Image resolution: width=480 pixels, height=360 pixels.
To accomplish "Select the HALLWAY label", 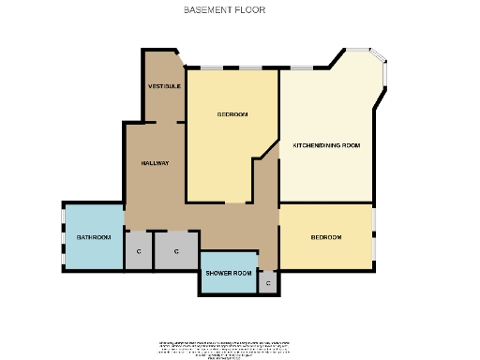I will point(155,163).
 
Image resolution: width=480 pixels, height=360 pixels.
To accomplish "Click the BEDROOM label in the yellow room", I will point(232,114).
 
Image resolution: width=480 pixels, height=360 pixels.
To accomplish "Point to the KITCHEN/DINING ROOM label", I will point(326,145).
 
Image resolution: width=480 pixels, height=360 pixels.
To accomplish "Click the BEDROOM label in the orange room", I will point(326,237).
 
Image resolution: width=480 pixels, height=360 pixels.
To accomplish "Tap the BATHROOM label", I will point(93,237).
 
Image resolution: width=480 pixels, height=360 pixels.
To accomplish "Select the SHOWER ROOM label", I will point(230,273).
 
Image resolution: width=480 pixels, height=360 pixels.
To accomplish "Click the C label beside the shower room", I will point(268,282).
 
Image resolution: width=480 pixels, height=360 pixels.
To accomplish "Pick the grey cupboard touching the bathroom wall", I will point(139,252).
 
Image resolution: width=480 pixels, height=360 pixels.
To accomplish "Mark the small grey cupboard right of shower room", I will point(268,283).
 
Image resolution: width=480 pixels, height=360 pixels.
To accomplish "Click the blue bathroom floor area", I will point(93,251).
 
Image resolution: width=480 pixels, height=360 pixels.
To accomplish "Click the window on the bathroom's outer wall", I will point(63,237).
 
